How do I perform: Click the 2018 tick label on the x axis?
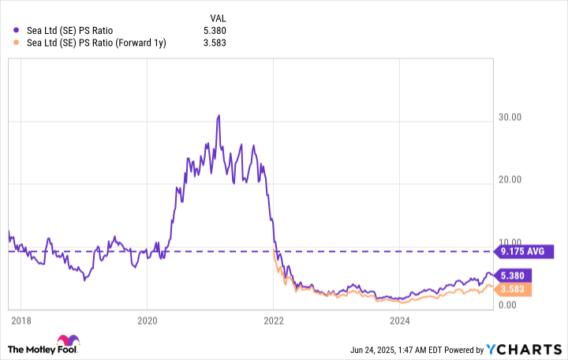tap(22, 321)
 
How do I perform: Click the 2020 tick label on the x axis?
tap(148, 321)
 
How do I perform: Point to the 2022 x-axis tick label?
tap(274, 321)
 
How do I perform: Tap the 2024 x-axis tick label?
tap(400, 321)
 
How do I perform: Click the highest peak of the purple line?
tap(219, 115)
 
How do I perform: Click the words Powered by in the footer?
tap(469, 350)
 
